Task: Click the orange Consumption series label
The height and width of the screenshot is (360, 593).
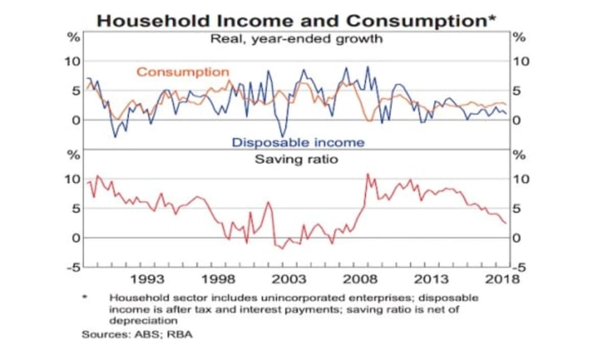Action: pyautogui.click(x=183, y=72)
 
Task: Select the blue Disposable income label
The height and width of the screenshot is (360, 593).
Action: pyautogui.click(x=298, y=142)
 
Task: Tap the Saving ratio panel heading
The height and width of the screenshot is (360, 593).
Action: pyautogui.click(x=296, y=159)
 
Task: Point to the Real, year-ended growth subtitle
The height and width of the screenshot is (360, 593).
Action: pyautogui.click(x=296, y=39)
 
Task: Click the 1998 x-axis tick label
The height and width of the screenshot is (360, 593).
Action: pyautogui.click(x=219, y=279)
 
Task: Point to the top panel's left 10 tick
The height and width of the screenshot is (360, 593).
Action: pyautogui.click(x=72, y=61)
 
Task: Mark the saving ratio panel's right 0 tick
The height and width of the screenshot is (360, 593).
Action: pyautogui.click(x=516, y=238)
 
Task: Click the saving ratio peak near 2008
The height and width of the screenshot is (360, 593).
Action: pyautogui.click(x=368, y=174)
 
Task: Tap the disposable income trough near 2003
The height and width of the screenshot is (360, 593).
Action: pyautogui.click(x=282, y=136)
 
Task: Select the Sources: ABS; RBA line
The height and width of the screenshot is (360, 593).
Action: pyautogui.click(x=138, y=335)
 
